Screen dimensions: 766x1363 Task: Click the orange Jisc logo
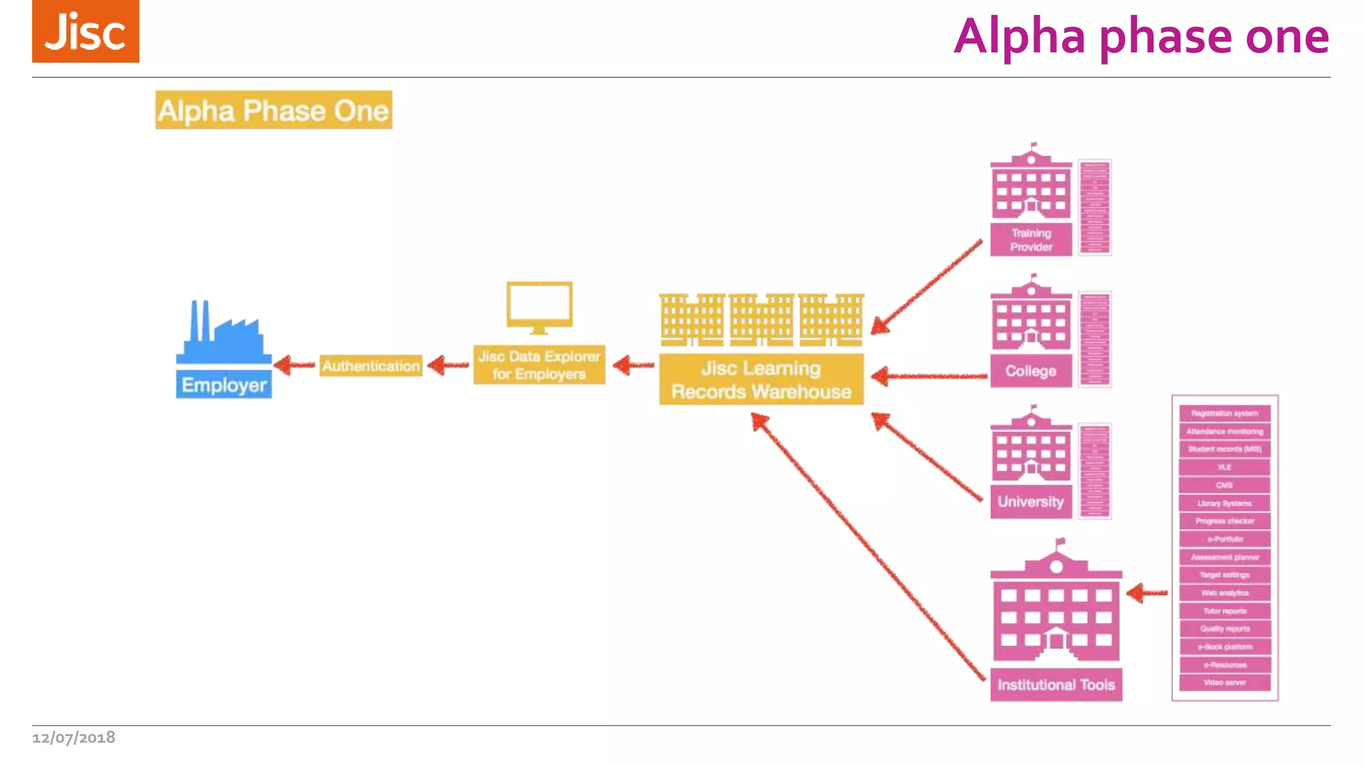tap(85, 32)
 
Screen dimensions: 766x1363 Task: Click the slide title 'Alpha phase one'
tap(1141, 36)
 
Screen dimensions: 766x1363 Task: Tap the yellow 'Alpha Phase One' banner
tap(274, 110)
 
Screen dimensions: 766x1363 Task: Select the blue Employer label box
tap(224, 385)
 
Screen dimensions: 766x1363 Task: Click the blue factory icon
tap(224, 332)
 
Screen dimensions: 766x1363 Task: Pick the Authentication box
tap(371, 366)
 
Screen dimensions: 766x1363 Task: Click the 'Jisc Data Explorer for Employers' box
tap(539, 365)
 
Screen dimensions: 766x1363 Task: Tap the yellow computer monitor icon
tap(539, 307)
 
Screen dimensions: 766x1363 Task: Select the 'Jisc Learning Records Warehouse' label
tap(761, 380)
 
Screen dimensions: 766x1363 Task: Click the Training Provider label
tap(1031, 240)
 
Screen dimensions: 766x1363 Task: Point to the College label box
tap(1031, 371)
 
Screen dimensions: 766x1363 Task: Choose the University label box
tap(1031, 502)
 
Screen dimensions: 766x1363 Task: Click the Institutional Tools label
tap(1056, 685)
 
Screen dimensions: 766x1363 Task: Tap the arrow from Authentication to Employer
tap(293, 365)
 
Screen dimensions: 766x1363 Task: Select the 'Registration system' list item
tap(1225, 414)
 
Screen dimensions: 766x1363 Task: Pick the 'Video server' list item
tap(1225, 683)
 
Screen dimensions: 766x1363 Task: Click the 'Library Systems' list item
tap(1225, 503)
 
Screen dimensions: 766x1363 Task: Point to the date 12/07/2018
tap(74, 737)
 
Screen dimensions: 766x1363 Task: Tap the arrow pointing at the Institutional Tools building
tap(1147, 592)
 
